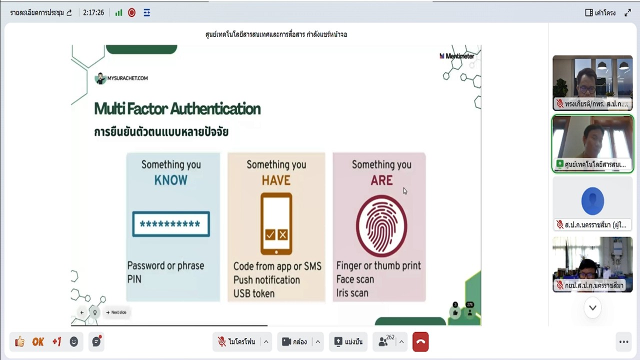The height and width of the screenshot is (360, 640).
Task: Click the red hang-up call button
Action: [x=420, y=342]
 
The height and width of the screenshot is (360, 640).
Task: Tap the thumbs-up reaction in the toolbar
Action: [x=19, y=342]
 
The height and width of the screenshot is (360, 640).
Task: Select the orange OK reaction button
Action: [x=38, y=342]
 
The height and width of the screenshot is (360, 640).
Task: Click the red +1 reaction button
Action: [x=56, y=342]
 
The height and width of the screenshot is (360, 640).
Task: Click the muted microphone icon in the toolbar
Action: [x=222, y=342]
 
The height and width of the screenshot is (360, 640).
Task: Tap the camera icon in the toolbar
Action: [x=286, y=342]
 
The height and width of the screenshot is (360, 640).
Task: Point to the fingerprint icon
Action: [x=381, y=225]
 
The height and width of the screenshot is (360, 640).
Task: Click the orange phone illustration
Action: [x=276, y=224]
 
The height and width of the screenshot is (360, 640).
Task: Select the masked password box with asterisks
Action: [x=170, y=224]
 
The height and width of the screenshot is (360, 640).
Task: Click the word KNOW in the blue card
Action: [x=171, y=180]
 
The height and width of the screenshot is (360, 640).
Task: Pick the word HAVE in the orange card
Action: [x=276, y=180]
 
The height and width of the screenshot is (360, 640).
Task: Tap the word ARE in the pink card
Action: [x=381, y=180]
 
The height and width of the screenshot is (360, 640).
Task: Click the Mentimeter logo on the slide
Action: [x=457, y=56]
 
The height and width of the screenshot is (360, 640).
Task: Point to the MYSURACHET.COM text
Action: [x=127, y=78]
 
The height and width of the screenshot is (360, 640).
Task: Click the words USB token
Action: [x=254, y=293]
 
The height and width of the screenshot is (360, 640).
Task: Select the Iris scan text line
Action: [x=352, y=293]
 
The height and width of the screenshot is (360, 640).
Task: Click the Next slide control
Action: [x=116, y=312]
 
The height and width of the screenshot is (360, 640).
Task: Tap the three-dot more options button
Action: [x=623, y=342]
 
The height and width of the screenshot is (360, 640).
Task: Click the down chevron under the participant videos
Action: [x=592, y=308]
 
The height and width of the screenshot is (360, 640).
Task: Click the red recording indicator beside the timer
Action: [x=132, y=13]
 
